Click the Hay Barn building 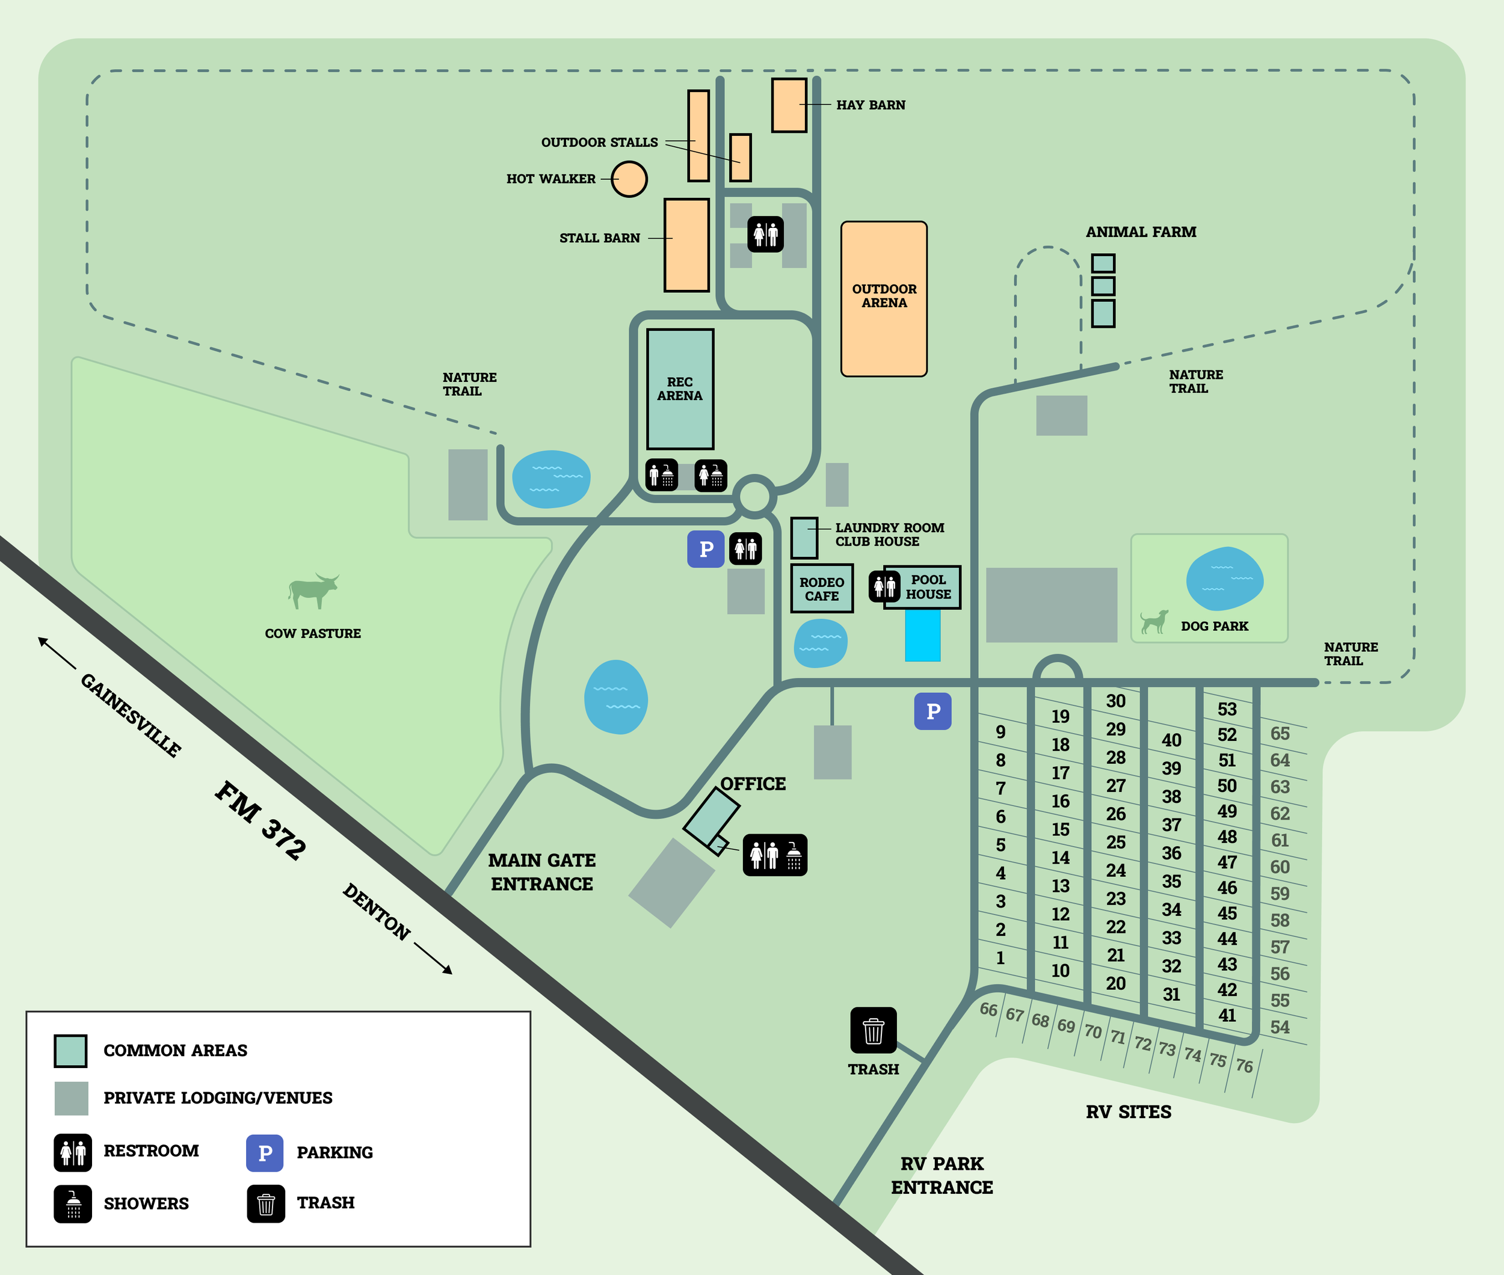788,105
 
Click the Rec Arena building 680,389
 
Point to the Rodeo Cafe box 821,588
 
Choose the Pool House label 928,587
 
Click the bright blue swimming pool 923,634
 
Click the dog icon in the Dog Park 1154,622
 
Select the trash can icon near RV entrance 873,1030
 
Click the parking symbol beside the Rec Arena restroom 706,549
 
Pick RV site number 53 1227,709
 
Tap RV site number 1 1000,957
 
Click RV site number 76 1244,1065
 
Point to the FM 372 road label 260,820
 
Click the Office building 710,817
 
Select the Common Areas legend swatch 71,1051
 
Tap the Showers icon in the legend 73,1203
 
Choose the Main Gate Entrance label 541,871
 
